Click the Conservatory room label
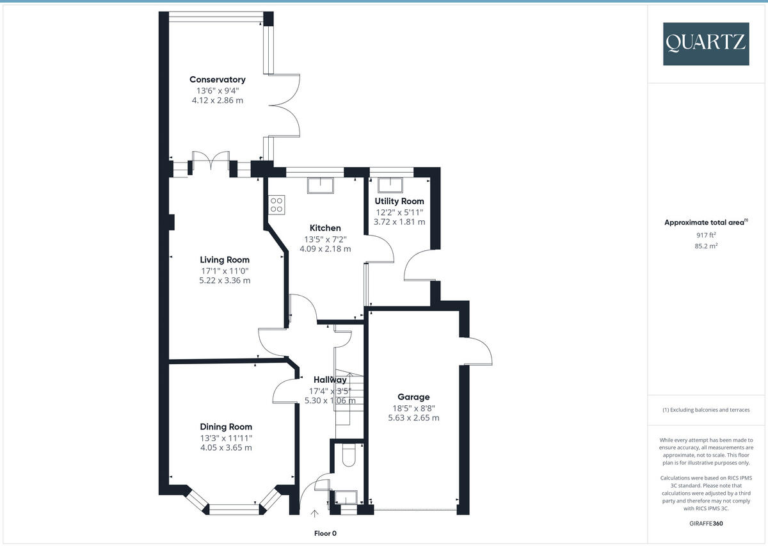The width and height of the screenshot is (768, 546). tap(218, 79)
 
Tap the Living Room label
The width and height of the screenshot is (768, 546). tap(225, 260)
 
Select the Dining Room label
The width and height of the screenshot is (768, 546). tap(226, 427)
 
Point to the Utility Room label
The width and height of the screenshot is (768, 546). tap(399, 202)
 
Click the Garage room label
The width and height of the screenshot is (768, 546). tap(413, 397)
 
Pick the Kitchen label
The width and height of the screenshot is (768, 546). tap(325, 228)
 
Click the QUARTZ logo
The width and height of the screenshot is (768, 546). tap(706, 44)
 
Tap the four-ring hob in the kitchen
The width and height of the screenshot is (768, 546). tap(276, 205)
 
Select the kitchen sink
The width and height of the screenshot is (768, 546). tap(321, 185)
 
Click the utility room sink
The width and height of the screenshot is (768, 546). tap(390, 185)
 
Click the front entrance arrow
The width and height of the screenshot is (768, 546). tap(314, 513)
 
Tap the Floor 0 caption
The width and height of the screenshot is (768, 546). tap(325, 533)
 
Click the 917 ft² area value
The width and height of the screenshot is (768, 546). tap(706, 235)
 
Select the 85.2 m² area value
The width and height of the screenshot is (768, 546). tap(706, 246)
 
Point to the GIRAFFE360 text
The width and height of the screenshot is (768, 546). tap(706, 524)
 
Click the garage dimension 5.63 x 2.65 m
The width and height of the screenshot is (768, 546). tap(413, 418)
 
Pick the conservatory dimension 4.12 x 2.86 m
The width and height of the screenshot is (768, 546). tap(218, 100)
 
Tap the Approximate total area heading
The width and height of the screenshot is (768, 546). tap(706, 222)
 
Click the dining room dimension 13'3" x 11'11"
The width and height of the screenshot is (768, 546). tap(226, 438)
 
